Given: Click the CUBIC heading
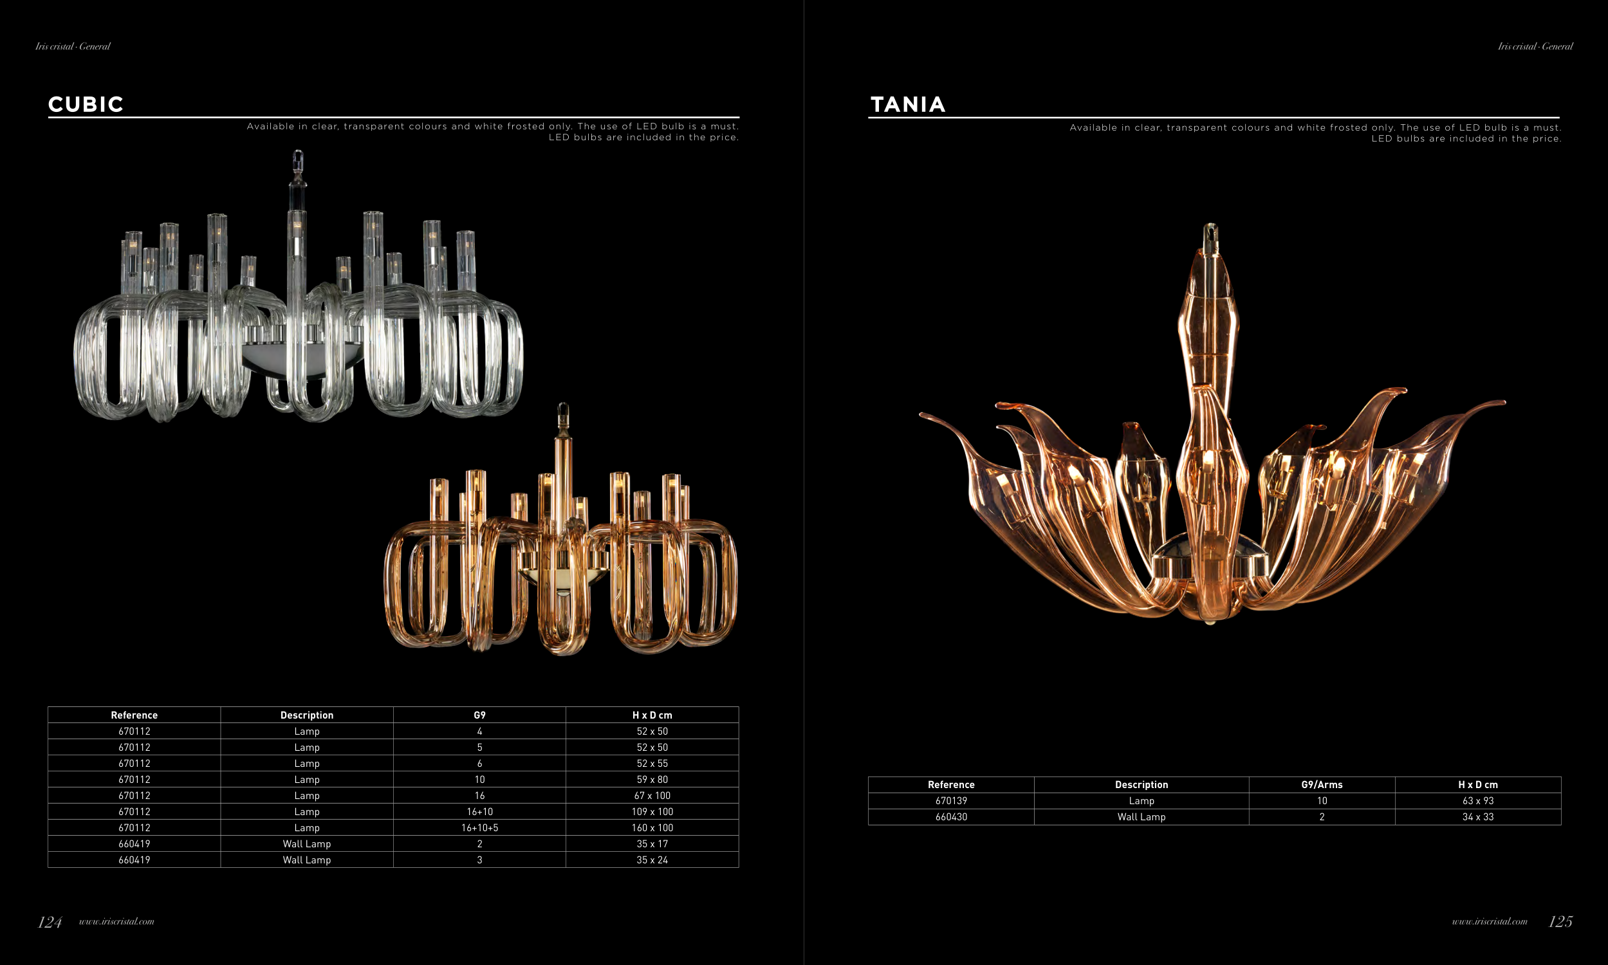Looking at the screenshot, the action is tap(86, 104).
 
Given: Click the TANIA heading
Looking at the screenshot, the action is tap(908, 104).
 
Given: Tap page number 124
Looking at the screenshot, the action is tap(50, 921).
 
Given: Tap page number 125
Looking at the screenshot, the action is tap(1560, 921).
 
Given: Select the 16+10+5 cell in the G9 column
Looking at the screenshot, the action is tap(480, 828).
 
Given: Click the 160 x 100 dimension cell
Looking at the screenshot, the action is tap(652, 828).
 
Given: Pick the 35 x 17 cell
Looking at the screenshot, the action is tap(652, 844).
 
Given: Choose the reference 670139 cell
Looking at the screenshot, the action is tap(951, 801).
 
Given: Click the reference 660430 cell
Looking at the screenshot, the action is tap(951, 818).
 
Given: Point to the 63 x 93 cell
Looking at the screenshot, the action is tap(1478, 801).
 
